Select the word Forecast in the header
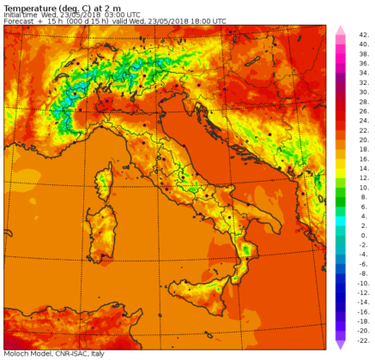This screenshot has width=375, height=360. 21,21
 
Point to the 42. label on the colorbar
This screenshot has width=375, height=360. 364,35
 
